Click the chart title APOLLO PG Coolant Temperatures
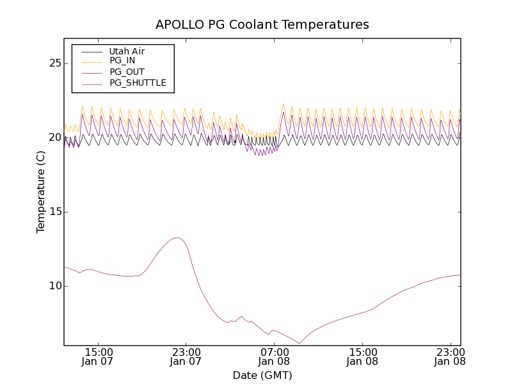click(x=262, y=24)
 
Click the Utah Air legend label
click(x=127, y=51)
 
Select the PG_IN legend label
click(x=122, y=61)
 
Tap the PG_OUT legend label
click(x=127, y=72)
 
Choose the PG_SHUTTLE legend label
click(x=138, y=83)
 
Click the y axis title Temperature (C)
click(x=41, y=192)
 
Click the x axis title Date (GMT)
click(x=262, y=375)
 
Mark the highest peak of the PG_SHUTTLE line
click(x=177, y=238)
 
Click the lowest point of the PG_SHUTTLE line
click(x=298, y=344)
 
